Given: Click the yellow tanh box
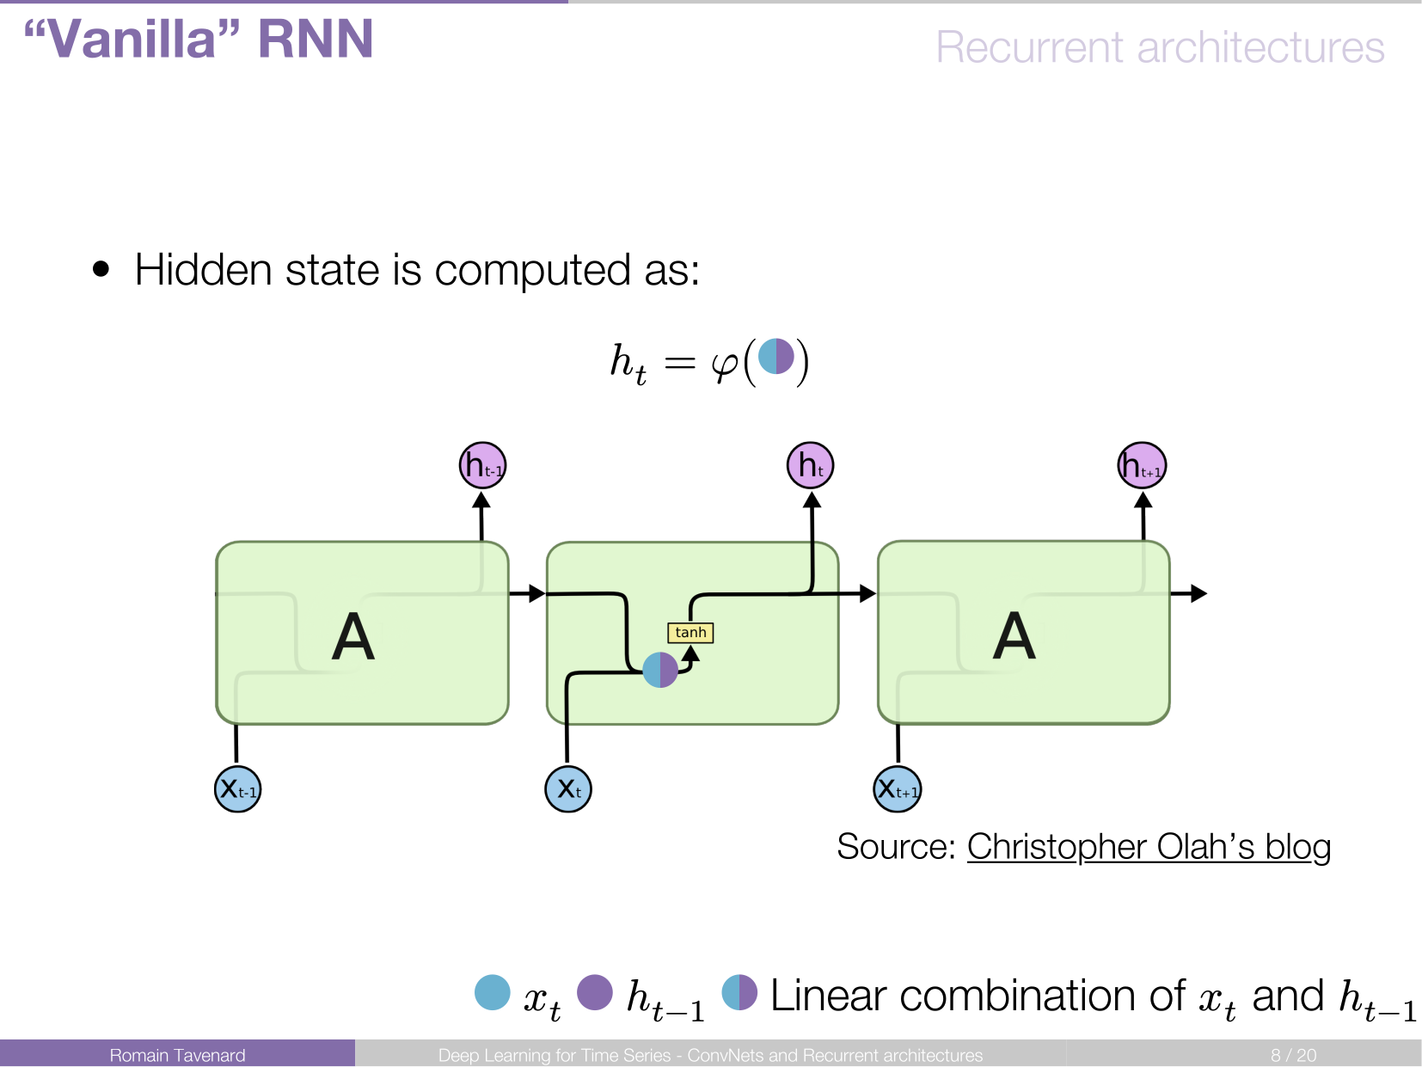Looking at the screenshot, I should (690, 633).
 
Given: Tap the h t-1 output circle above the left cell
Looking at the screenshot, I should (482, 465).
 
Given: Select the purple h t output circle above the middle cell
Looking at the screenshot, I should (811, 465).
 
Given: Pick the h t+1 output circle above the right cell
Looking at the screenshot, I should (1142, 465).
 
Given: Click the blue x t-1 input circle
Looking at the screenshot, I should (237, 789).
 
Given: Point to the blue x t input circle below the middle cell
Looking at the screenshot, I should (568, 789).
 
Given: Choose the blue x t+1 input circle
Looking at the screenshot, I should (898, 789).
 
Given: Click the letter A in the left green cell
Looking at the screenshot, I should (353, 637).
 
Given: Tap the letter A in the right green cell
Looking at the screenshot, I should (1014, 636).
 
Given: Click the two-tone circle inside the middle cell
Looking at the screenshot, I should (660, 670).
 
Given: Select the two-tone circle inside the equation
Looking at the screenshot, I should (776, 357).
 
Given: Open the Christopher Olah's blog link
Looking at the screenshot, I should (1149, 847).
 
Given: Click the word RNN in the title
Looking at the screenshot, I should (316, 39).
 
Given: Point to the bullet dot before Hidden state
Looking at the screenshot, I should (101, 269).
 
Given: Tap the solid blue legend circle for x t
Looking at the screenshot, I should (493, 992).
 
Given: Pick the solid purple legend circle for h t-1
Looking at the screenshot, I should (595, 992).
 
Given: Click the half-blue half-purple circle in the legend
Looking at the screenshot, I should (739, 992).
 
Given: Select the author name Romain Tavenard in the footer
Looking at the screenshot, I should (177, 1055).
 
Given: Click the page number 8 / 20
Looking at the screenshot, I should (1293, 1055).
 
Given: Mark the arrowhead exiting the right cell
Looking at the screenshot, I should (1199, 593).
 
